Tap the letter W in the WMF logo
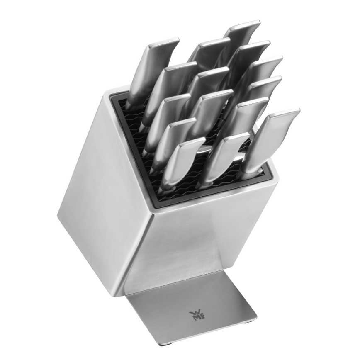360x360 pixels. pyautogui.click(x=193, y=312)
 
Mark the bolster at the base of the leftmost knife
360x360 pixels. pyautogui.click(x=131, y=102)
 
